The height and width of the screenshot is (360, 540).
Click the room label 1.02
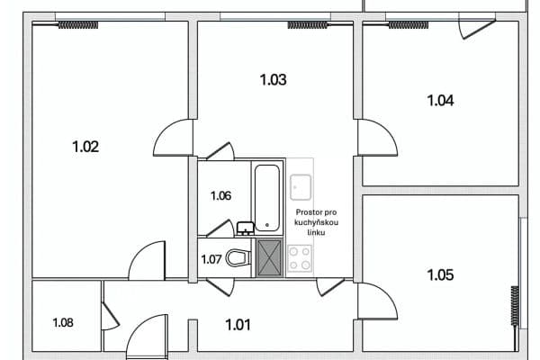tap(85, 147)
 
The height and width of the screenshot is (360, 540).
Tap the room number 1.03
tap(273, 80)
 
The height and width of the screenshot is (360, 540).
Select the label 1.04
tap(440, 101)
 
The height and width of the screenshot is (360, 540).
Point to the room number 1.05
tap(440, 274)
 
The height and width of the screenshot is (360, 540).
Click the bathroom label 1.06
tap(221, 195)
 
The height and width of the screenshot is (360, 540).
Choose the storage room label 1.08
tap(63, 322)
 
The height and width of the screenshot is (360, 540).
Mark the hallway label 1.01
tap(239, 324)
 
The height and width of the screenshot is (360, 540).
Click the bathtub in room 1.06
tap(267, 196)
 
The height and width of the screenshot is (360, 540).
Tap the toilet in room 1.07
tap(237, 258)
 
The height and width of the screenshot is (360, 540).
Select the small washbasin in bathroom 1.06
tap(244, 228)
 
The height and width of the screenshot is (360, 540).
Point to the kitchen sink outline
tap(300, 186)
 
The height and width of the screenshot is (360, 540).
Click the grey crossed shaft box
tap(269, 258)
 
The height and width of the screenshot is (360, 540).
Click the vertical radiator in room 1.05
tap(515, 307)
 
